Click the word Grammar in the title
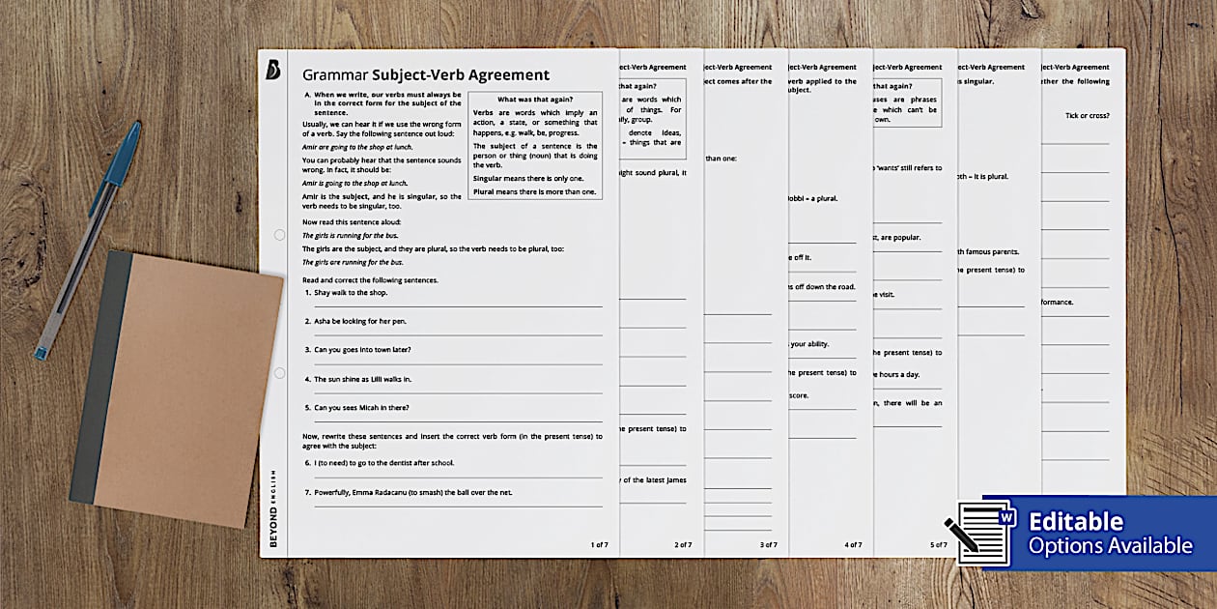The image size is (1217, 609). click(x=335, y=75)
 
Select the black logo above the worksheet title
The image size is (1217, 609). click(x=272, y=70)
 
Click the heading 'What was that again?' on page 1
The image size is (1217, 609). click(x=534, y=100)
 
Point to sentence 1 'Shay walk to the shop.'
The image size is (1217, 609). click(x=354, y=292)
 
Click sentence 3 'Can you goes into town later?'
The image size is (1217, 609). click(x=369, y=349)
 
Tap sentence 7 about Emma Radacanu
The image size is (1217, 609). click(x=426, y=492)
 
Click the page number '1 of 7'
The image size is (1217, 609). click(x=599, y=545)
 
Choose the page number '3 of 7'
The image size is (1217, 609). click(x=768, y=545)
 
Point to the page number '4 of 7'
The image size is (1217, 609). click(x=853, y=545)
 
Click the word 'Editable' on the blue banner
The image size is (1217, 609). click(x=1075, y=522)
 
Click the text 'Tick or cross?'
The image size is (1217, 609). click(x=1087, y=116)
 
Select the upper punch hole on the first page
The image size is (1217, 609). click(x=279, y=235)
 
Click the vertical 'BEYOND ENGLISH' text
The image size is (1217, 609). click(x=273, y=507)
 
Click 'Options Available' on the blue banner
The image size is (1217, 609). click(x=1110, y=546)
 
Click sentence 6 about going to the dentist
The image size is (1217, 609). click(x=383, y=463)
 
